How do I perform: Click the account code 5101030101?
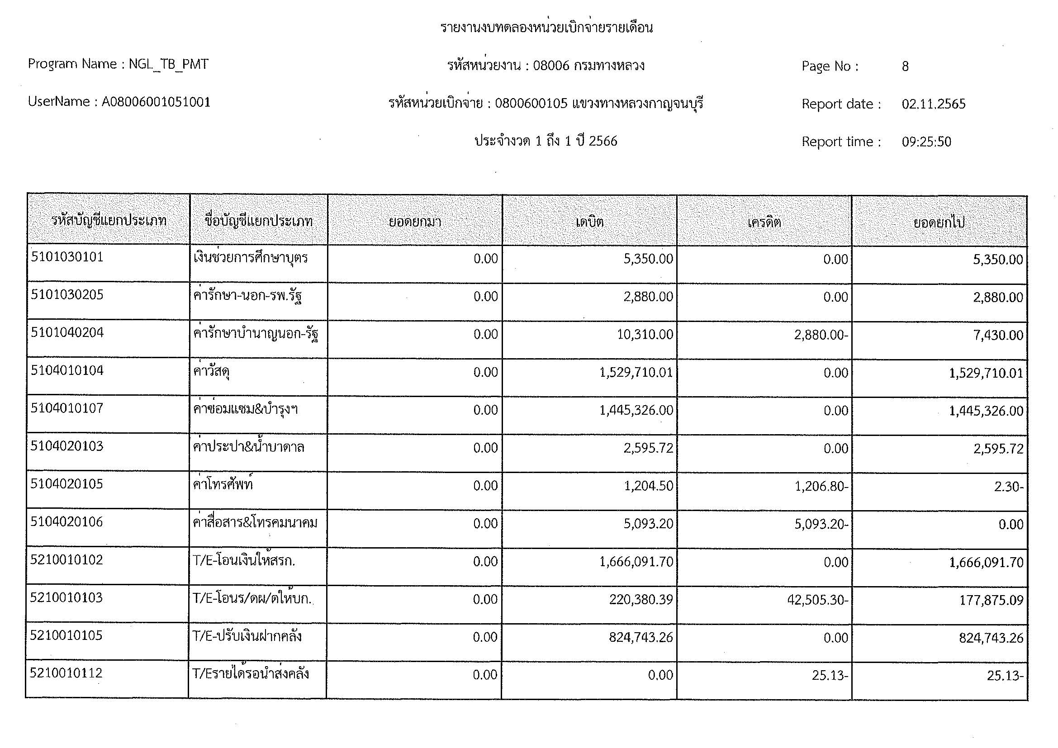[x=67, y=257]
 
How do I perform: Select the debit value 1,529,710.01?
[x=636, y=372]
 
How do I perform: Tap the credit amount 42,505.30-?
[x=817, y=600]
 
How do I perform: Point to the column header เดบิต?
[x=589, y=222]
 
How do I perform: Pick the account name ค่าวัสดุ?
[x=212, y=371]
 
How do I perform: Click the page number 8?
[x=905, y=66]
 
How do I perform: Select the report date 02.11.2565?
[x=933, y=104]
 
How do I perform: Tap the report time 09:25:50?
[x=926, y=142]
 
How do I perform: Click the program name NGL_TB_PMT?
[x=168, y=64]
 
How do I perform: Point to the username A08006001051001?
[x=156, y=102]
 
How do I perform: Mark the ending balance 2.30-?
[x=1008, y=487]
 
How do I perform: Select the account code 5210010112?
[x=66, y=673]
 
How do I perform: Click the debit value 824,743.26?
[x=640, y=638]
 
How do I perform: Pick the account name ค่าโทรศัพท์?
[x=223, y=484]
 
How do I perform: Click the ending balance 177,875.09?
[x=991, y=600]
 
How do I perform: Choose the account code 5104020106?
[x=67, y=522]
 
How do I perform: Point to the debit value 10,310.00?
[x=645, y=334]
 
